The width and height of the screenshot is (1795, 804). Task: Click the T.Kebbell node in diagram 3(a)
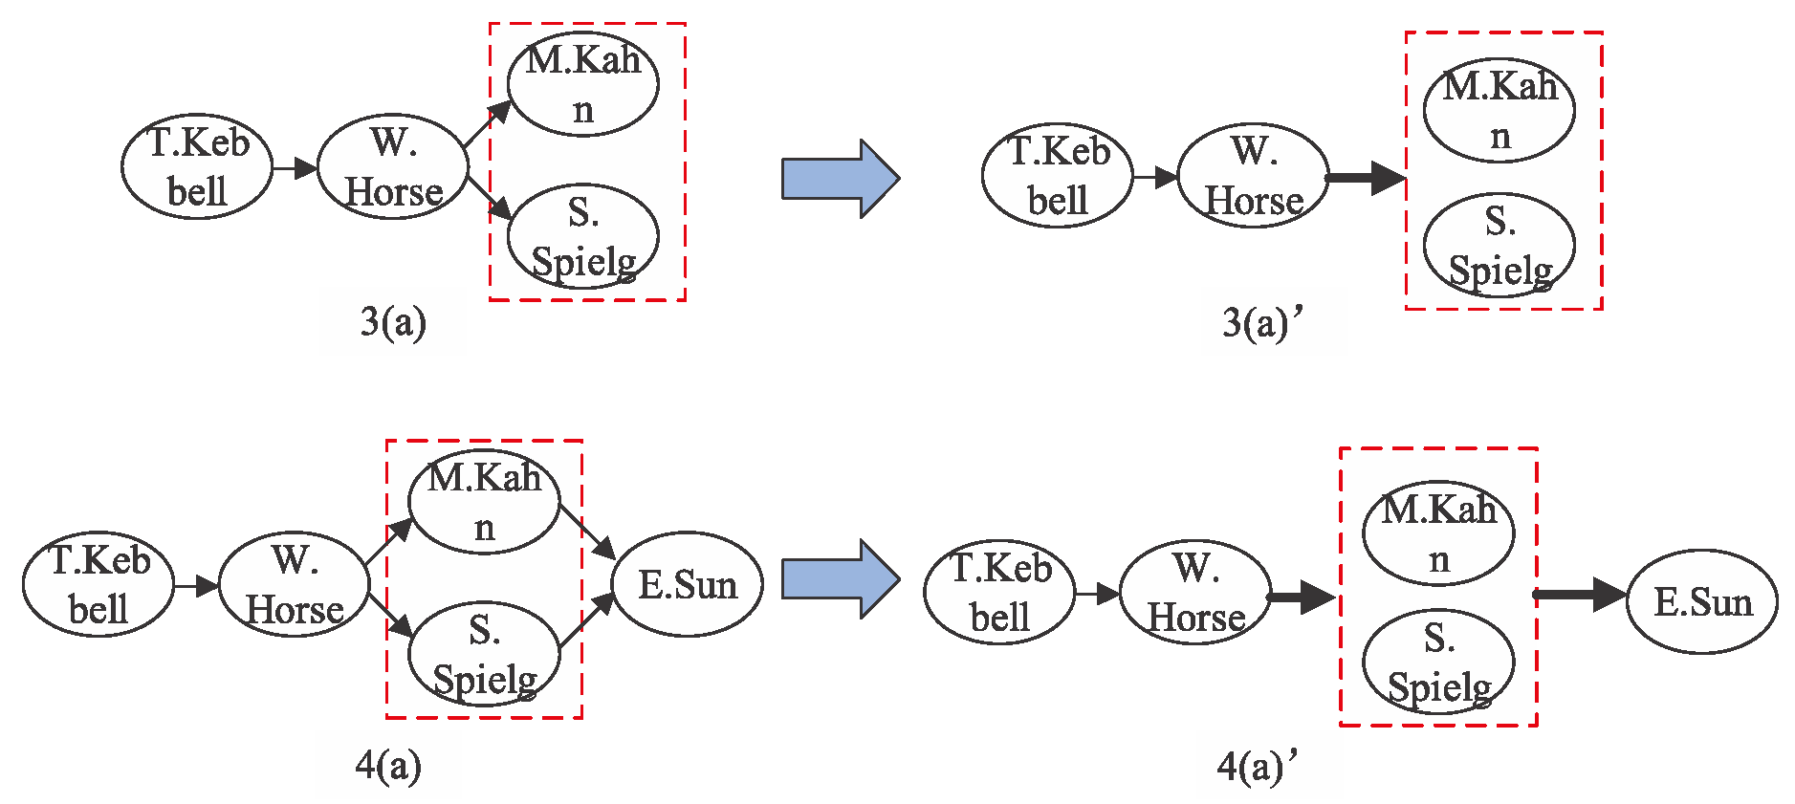click(197, 167)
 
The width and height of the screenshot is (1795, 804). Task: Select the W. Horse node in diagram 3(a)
click(393, 167)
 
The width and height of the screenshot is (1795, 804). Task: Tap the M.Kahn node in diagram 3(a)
click(582, 85)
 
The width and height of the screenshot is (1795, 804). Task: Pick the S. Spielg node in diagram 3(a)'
click(1499, 246)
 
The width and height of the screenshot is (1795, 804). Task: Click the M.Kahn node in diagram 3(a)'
click(1499, 111)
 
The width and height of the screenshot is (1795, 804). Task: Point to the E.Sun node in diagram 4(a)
click(688, 584)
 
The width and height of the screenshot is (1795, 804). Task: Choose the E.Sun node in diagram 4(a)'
click(1702, 601)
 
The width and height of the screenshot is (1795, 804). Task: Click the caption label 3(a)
click(393, 322)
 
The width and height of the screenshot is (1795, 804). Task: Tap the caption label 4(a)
click(388, 765)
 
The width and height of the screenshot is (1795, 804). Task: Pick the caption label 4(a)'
click(1259, 766)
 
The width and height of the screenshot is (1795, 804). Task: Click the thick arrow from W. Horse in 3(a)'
click(1366, 178)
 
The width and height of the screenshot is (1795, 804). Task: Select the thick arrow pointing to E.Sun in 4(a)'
click(1580, 595)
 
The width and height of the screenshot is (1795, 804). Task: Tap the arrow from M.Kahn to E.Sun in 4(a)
click(587, 532)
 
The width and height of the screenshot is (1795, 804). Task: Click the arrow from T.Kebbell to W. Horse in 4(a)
click(197, 585)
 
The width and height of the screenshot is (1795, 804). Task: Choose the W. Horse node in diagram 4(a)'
click(1195, 594)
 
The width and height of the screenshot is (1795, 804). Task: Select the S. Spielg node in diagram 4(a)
click(485, 655)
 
